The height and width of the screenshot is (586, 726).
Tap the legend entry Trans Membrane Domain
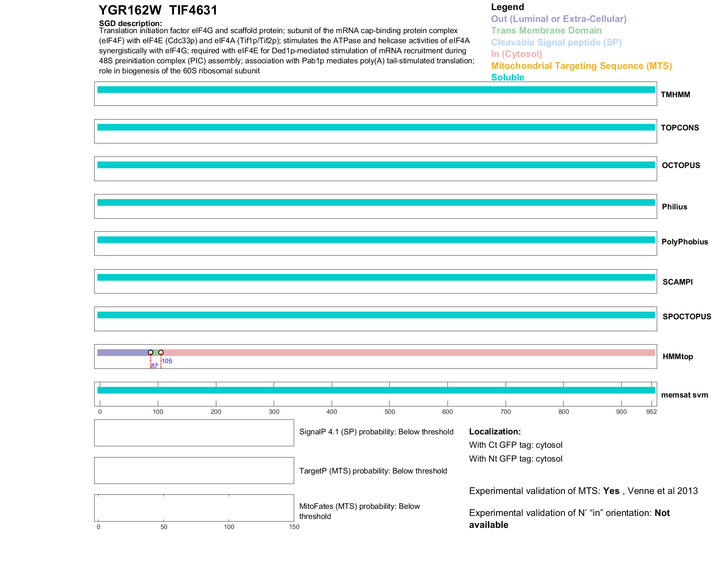click(546, 31)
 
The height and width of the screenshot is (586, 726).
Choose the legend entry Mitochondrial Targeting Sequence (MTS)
click(581, 66)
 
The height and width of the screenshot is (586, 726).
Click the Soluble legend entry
click(507, 77)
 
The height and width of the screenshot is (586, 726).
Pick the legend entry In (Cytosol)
click(516, 54)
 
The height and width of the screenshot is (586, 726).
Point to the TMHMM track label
click(675, 95)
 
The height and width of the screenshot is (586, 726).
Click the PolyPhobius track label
click(684, 242)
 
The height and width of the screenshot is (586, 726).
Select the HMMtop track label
click(678, 357)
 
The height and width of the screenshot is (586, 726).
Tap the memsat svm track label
click(684, 395)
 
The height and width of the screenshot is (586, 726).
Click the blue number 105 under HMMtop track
click(167, 361)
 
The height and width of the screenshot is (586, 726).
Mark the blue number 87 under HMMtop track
click(155, 366)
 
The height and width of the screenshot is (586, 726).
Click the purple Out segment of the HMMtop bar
click(123, 352)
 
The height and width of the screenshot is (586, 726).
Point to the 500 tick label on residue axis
click(389, 412)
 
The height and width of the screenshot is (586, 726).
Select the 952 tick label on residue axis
click(651, 412)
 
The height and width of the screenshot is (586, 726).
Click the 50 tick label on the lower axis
click(164, 527)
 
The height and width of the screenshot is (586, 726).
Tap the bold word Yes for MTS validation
click(611, 491)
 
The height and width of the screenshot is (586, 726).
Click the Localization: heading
click(495, 431)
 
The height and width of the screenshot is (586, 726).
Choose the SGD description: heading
click(130, 23)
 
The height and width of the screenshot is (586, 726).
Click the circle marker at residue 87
click(150, 352)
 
